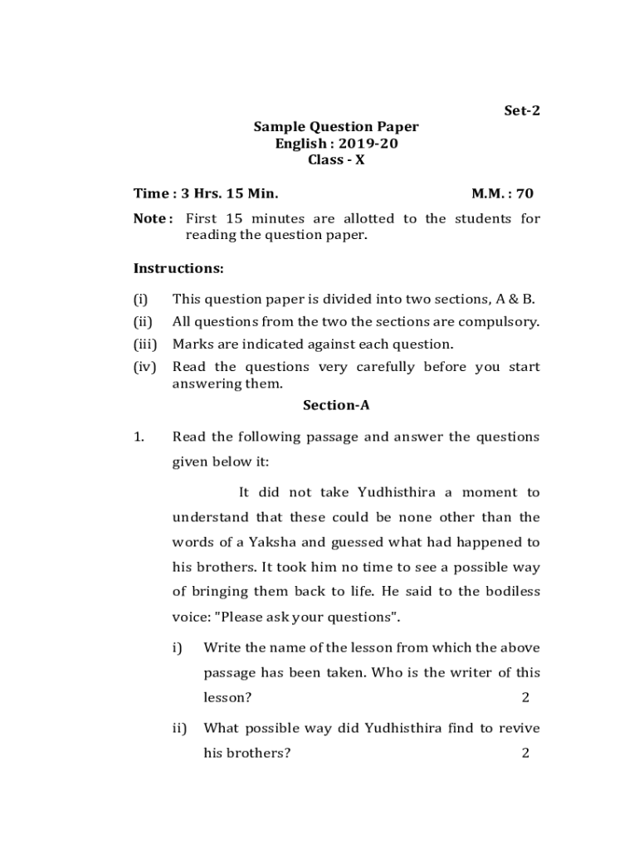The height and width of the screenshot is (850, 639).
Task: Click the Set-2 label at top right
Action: pos(523,110)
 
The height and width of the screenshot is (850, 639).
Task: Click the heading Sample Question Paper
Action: pos(336,127)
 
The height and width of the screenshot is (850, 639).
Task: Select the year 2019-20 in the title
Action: pos(373,144)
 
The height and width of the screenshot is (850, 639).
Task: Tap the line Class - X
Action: pos(336,160)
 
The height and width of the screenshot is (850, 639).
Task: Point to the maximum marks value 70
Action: pos(524,193)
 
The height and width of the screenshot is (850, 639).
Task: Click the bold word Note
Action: pos(150,219)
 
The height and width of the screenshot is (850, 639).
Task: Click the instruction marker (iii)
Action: pos(145,344)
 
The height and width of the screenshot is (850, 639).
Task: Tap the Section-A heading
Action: pos(336,405)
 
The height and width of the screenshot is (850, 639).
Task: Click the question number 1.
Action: pos(139,437)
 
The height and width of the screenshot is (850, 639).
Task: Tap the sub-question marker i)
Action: pos(177,647)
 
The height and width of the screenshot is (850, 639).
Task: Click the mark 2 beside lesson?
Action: pos(525,697)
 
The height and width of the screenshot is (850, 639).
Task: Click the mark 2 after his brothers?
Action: pos(525,754)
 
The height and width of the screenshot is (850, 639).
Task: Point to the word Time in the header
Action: pos(150,193)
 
